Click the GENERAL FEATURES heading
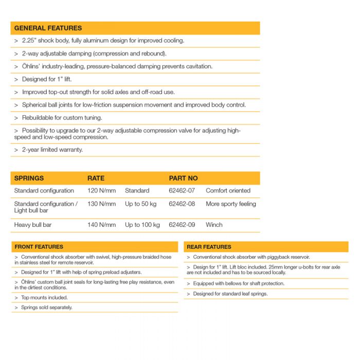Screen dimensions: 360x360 pos(48,28)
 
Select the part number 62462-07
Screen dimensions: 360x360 pos(182,191)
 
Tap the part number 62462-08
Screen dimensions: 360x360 pos(182,204)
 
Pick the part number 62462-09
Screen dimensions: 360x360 pos(182,225)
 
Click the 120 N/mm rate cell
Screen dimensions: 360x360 pos(101,191)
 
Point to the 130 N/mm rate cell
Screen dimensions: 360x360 pos(101,204)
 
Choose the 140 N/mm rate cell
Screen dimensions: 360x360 pos(101,225)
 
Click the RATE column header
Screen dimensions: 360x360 pos(96,178)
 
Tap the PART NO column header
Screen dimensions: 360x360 pos(183,178)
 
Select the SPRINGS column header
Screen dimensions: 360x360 pos(29,178)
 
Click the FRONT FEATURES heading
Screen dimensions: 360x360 pos(39,247)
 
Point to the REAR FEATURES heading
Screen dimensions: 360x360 pos(209,247)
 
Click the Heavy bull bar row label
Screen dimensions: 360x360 pos(33,225)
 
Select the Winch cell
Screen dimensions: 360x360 pos(214,225)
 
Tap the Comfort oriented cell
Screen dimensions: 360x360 pos(228,191)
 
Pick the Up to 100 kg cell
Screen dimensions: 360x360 pos(142,225)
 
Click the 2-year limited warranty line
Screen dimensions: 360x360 pos(52,150)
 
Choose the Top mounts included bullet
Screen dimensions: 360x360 pos(44,297)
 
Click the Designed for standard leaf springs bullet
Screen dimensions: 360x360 pos(230,294)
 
